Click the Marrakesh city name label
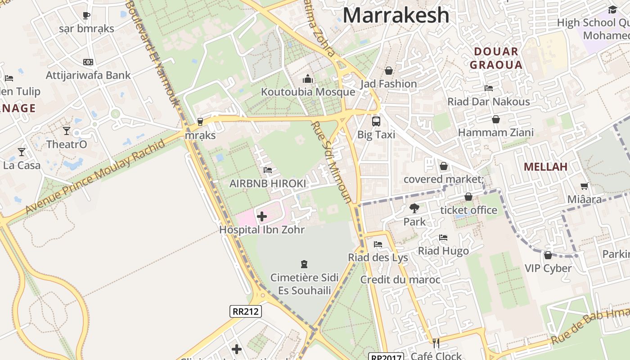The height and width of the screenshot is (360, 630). click(396, 15)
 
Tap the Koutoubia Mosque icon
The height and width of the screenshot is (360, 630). click(308, 79)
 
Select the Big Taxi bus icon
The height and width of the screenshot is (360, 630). click(376, 121)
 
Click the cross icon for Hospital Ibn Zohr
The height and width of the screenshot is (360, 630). click(261, 217)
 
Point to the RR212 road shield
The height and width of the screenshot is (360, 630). click(245, 311)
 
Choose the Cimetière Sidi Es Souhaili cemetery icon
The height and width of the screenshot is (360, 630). click(304, 264)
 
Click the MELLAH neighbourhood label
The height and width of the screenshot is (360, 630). click(545, 167)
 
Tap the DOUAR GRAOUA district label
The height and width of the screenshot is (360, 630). click(496, 58)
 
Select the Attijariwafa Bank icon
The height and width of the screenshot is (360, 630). click(88, 62)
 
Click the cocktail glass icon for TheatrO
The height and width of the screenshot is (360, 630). click(67, 131)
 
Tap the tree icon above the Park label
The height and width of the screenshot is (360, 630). click(414, 208)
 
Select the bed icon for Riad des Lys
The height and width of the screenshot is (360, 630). click(378, 244)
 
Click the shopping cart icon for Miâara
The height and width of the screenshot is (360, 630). click(584, 186)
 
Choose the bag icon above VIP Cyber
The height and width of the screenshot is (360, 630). click(548, 255)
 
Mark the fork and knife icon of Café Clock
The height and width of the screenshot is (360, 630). click(436, 343)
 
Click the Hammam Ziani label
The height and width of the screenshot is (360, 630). click(496, 133)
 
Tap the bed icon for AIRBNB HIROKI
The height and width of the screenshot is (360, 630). click(268, 170)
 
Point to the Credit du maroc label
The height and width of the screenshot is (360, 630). click(400, 280)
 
